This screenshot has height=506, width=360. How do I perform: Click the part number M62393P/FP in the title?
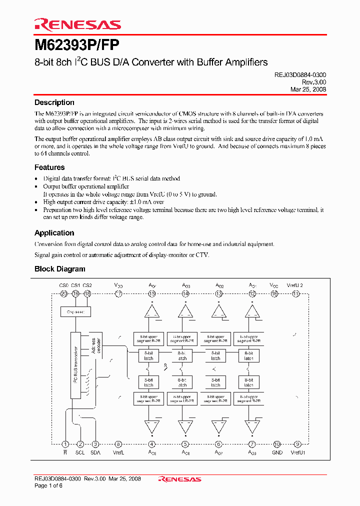click(77, 46)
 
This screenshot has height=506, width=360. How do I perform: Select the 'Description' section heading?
click(54, 102)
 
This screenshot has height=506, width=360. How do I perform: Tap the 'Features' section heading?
click(49, 167)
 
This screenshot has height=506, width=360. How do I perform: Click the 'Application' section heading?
click(54, 233)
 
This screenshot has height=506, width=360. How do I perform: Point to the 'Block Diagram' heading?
click(60, 269)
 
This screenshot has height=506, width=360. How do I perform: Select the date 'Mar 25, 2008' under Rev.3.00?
click(308, 89)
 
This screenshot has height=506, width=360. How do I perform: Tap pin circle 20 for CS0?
click(64, 294)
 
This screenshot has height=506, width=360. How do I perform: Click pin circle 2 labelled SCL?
click(80, 444)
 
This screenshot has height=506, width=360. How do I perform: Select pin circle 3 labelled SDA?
click(95, 444)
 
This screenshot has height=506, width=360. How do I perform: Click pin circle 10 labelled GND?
click(277, 444)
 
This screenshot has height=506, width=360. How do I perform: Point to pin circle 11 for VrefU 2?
click(295, 294)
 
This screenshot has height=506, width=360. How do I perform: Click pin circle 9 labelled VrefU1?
click(297, 444)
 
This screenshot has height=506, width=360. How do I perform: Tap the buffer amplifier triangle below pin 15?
click(151, 312)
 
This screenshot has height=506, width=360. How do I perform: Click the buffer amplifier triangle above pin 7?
click(252, 426)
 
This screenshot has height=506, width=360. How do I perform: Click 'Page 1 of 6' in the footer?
click(48, 486)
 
